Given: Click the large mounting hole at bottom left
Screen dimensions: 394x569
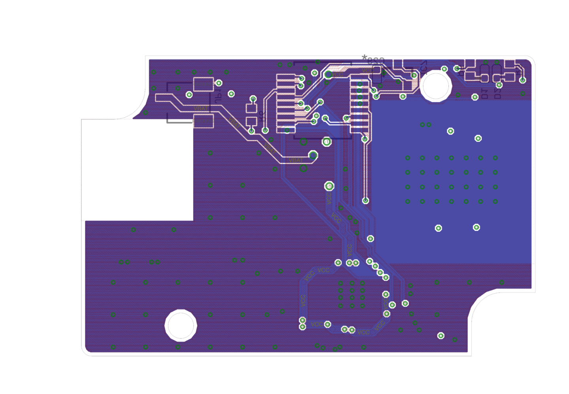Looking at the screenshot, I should [181, 325].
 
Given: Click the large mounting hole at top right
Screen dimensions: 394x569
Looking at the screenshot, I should [435, 85].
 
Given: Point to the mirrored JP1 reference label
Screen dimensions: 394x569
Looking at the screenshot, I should [218, 96].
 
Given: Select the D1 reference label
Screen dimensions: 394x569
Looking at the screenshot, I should [484, 94].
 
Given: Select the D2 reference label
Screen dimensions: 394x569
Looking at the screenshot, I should [497, 94].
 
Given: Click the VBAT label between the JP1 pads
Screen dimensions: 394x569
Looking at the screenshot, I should [201, 109].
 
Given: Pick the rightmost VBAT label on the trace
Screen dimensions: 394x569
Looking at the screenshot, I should [296, 160].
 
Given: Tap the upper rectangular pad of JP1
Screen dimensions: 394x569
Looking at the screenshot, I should [203, 84].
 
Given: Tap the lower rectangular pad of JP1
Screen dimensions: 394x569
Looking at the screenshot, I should [203, 121].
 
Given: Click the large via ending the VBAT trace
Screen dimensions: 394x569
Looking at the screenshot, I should [313, 155].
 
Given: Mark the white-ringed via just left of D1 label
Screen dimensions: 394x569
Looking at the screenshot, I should [475, 97].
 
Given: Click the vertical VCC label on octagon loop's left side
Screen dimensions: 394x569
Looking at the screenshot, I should [303, 300].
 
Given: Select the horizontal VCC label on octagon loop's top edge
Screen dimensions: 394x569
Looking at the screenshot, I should [323, 270].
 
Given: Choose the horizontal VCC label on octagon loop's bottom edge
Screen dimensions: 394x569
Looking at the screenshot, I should [363, 332].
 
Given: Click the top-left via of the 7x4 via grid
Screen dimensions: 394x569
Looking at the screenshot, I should [408, 158].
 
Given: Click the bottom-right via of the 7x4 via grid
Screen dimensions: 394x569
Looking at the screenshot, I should [495, 201].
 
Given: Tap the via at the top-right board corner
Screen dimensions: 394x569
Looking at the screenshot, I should [522, 80].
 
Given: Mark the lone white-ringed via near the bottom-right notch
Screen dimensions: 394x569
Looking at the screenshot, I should [441, 336].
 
